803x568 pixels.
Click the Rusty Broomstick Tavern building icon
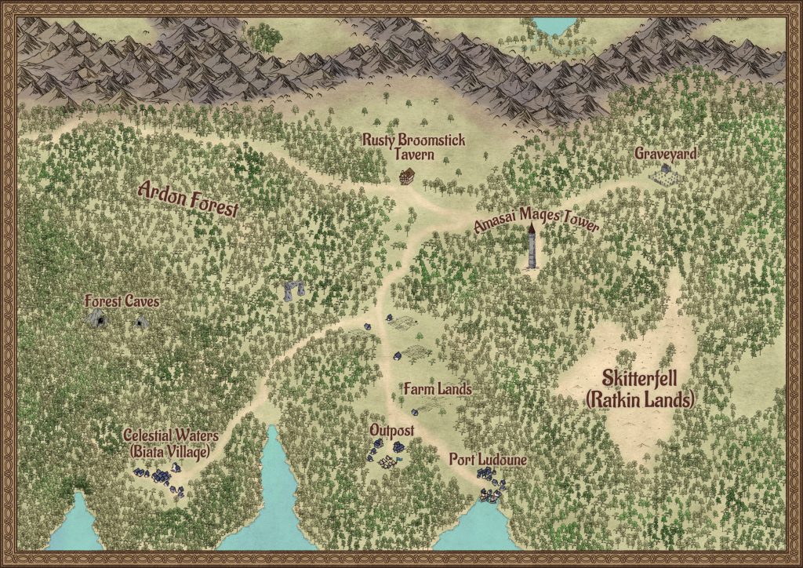[406, 177]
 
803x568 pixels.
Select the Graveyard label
[665, 155]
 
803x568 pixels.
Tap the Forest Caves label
[122, 300]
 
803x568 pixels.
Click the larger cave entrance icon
[97, 318]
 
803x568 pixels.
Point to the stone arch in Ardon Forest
[292, 290]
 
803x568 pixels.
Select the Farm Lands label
[437, 388]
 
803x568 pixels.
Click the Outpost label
[391, 431]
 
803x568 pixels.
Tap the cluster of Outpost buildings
[385, 453]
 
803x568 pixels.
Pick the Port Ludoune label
[487, 459]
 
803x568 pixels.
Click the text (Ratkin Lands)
[640, 401]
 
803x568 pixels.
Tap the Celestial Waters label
[170, 435]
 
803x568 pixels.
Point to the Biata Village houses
[160, 475]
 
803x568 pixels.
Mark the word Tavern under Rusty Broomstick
[413, 155]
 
